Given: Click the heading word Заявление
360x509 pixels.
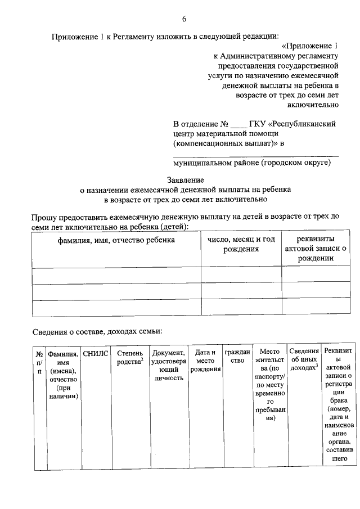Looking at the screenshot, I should click(184, 180).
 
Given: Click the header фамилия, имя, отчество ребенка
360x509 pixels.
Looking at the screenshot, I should click(116, 240).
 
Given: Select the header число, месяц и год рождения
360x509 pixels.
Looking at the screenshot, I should click(241, 244).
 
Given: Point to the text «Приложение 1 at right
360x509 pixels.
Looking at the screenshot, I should click(310, 46).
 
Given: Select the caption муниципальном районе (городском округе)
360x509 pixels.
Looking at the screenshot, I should click(251, 163).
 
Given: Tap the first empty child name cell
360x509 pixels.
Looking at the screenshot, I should click(116, 274).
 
